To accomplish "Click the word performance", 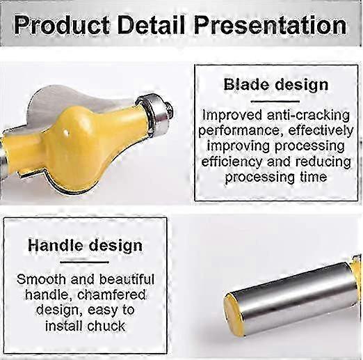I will point(239,130).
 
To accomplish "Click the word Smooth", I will point(42,280).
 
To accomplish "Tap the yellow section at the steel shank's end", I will point(238,310).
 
